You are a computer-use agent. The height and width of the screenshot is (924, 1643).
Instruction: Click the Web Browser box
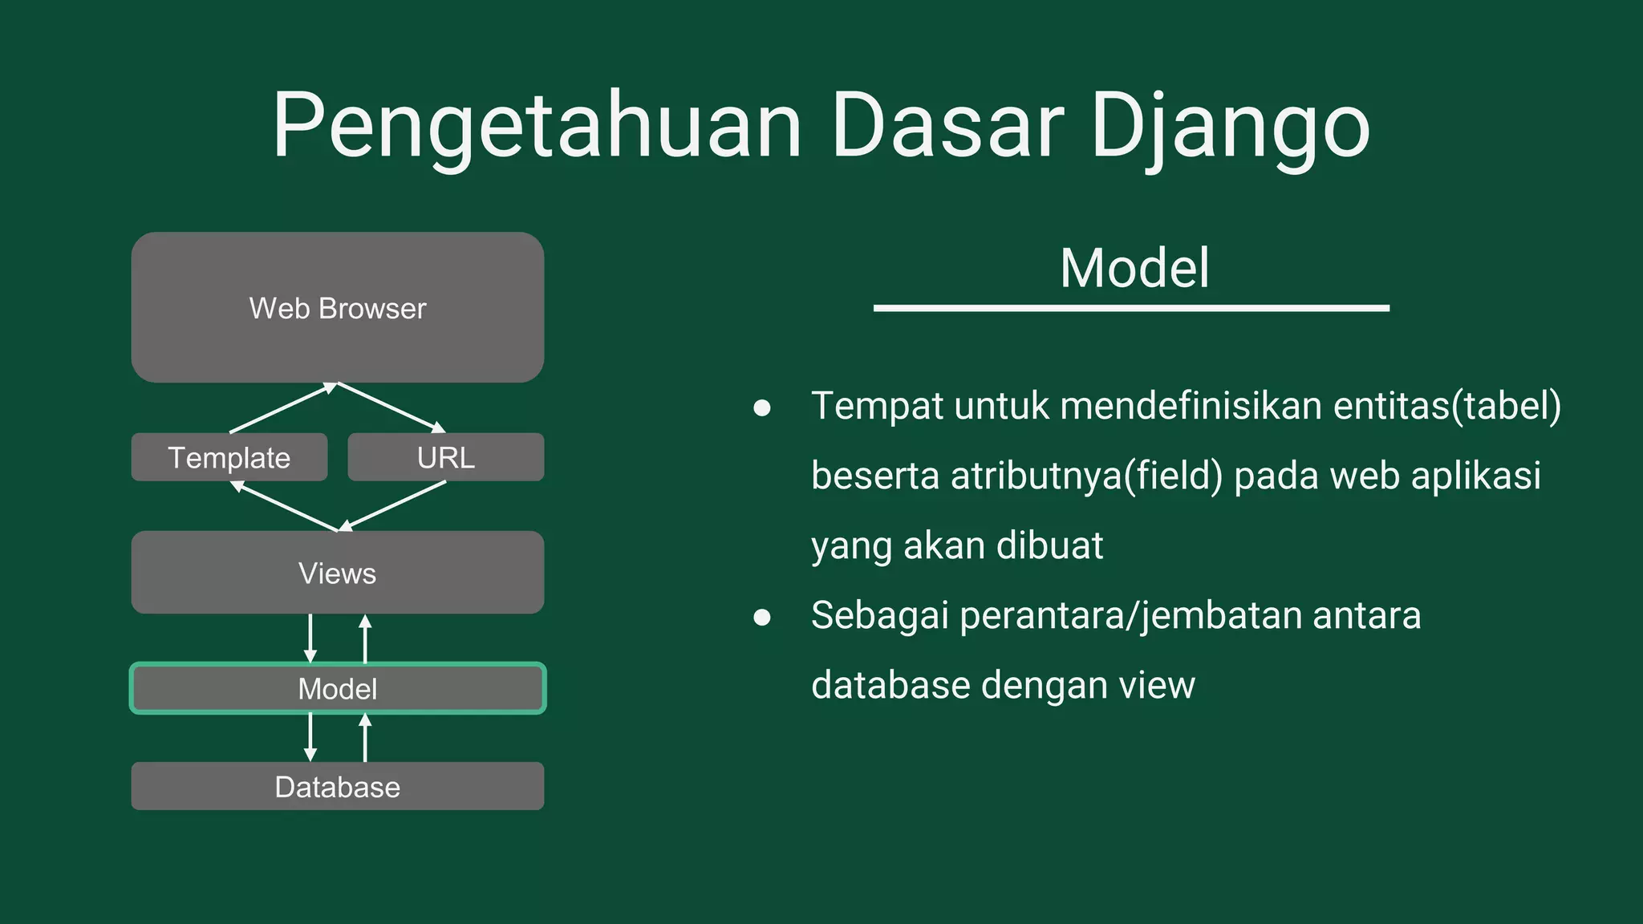tap(337, 308)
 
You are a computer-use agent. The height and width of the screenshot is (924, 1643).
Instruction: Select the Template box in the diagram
tap(229, 457)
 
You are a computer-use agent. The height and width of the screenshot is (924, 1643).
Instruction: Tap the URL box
tap(445, 457)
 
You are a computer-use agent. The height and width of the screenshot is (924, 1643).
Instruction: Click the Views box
tap(337, 573)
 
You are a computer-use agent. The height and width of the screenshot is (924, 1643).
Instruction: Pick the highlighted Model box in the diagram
tap(337, 688)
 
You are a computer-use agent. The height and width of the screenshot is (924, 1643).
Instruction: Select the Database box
tap(337, 786)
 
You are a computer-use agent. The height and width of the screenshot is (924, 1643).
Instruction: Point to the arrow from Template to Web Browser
tap(282, 408)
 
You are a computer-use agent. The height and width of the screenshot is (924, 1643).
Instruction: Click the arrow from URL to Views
tap(393, 506)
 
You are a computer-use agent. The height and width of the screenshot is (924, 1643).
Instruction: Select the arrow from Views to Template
tap(284, 506)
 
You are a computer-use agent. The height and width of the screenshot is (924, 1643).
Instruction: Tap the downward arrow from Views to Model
tap(310, 638)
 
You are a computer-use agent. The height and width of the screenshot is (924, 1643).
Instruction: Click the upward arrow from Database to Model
tap(365, 737)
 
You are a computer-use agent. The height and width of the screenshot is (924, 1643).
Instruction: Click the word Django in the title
tap(1230, 127)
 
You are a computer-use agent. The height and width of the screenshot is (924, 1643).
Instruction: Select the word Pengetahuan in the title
tap(536, 127)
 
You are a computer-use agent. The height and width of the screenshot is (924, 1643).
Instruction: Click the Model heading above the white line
tap(1134, 268)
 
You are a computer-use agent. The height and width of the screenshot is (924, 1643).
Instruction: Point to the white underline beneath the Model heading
tap(1131, 308)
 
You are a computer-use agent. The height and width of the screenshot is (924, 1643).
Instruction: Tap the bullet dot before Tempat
tap(762, 407)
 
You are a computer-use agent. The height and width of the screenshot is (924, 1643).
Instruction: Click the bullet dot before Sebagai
tap(762, 617)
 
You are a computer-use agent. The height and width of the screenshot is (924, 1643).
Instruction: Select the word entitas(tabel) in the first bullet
tap(1446, 406)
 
